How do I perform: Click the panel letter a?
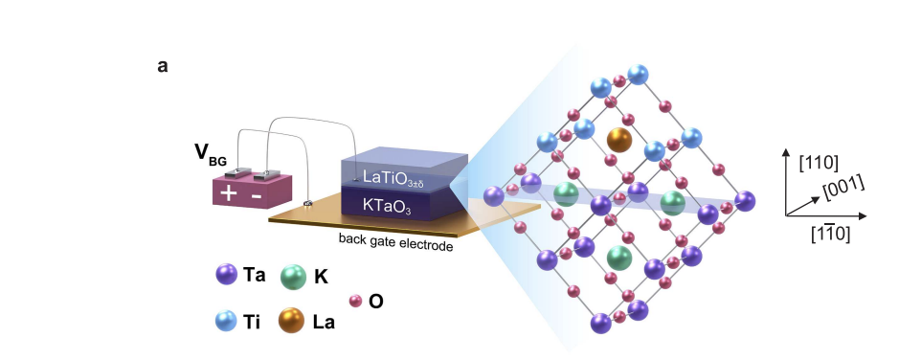point(162,68)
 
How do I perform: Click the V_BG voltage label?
point(210,154)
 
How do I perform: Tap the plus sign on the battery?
point(230,193)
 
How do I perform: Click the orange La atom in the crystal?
point(619,141)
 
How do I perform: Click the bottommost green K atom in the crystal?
point(619,257)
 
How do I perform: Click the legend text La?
point(323,321)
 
